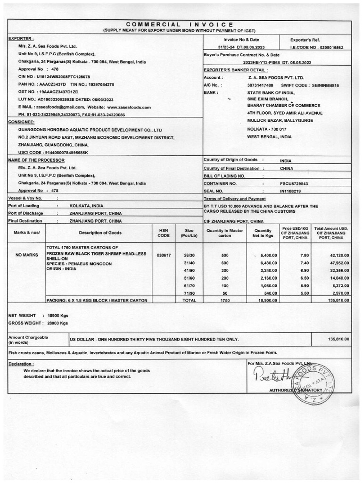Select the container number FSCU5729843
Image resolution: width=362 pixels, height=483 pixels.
[x=294, y=183]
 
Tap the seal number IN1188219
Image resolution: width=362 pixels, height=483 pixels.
[x=292, y=191]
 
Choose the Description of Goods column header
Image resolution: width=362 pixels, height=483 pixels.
[x=100, y=233]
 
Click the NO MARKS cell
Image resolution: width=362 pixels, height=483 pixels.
[x=26, y=255]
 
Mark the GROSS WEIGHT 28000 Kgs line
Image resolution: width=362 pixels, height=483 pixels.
[x=38, y=323]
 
